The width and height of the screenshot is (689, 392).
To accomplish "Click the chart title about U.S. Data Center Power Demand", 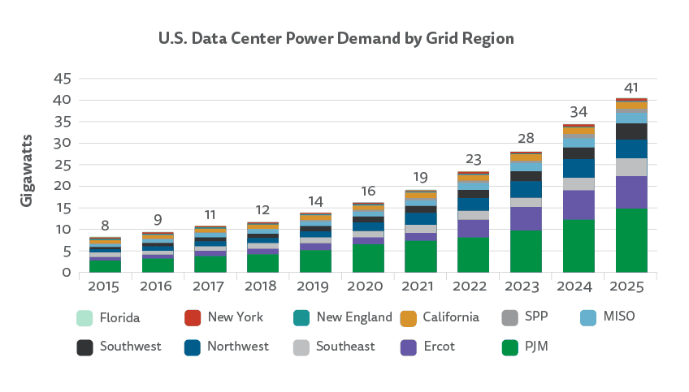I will click(336, 38).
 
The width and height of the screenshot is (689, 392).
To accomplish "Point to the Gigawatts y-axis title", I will click(27, 170).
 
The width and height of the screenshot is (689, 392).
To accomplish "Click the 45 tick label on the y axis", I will click(63, 79).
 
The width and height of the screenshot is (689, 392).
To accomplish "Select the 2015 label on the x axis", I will click(105, 286).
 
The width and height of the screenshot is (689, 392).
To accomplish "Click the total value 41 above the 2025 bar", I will click(631, 88).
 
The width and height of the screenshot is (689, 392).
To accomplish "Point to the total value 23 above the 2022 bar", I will click(473, 160).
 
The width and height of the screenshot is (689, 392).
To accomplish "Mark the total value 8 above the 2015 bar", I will click(105, 225).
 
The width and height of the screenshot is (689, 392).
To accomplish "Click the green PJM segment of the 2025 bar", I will click(631, 241).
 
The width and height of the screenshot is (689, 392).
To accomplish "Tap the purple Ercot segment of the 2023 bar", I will click(526, 218).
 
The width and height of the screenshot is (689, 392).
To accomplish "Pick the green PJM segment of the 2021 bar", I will click(421, 256).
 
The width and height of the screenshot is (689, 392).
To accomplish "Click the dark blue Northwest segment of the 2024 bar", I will click(578, 168).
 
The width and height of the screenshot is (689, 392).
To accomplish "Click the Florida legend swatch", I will click(84, 317).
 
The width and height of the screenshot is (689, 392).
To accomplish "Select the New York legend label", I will click(236, 317).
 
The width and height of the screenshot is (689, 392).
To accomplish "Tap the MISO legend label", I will click(618, 317).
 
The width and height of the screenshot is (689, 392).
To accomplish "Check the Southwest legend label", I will click(130, 347).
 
